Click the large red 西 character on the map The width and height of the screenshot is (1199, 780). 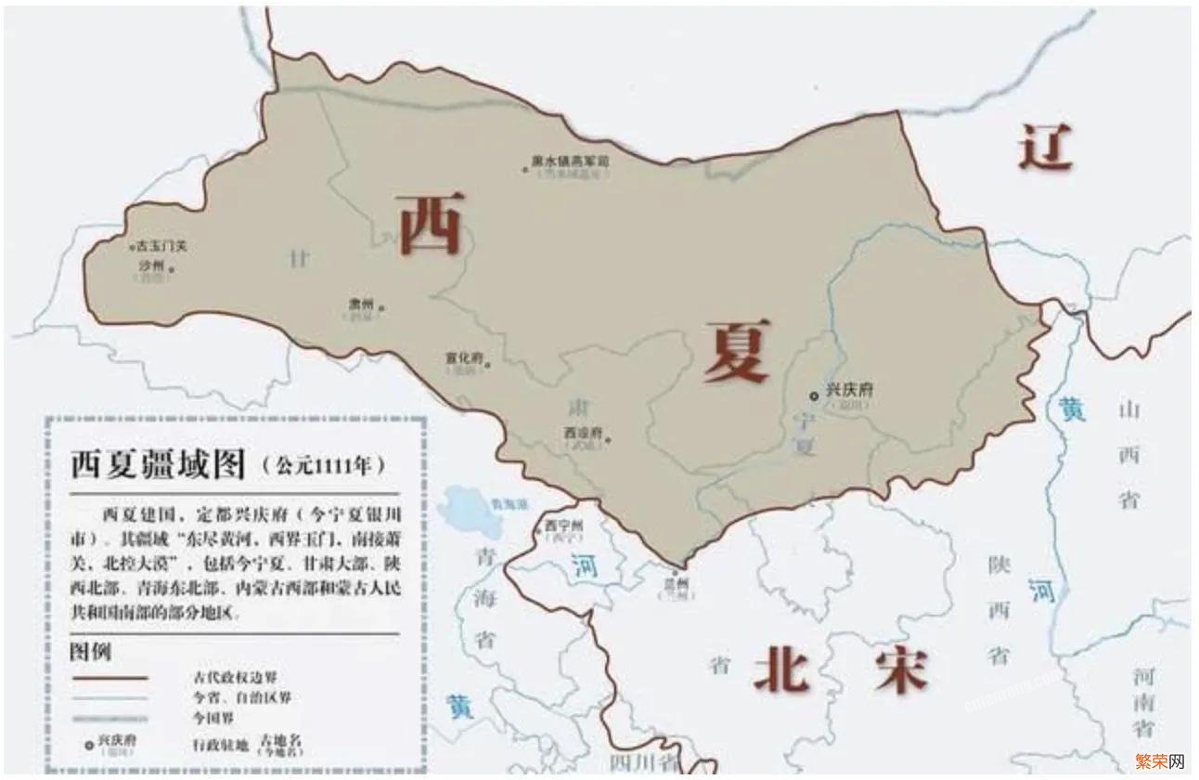(430, 224)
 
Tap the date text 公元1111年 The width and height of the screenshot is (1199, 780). (324, 465)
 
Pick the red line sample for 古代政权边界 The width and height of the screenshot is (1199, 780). (110, 679)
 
